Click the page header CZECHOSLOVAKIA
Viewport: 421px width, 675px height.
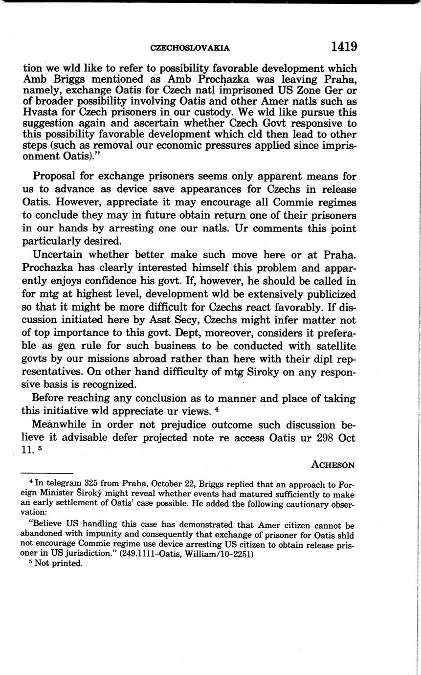point(190,48)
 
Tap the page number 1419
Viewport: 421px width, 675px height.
point(344,46)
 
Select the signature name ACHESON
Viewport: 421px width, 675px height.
point(333,465)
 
